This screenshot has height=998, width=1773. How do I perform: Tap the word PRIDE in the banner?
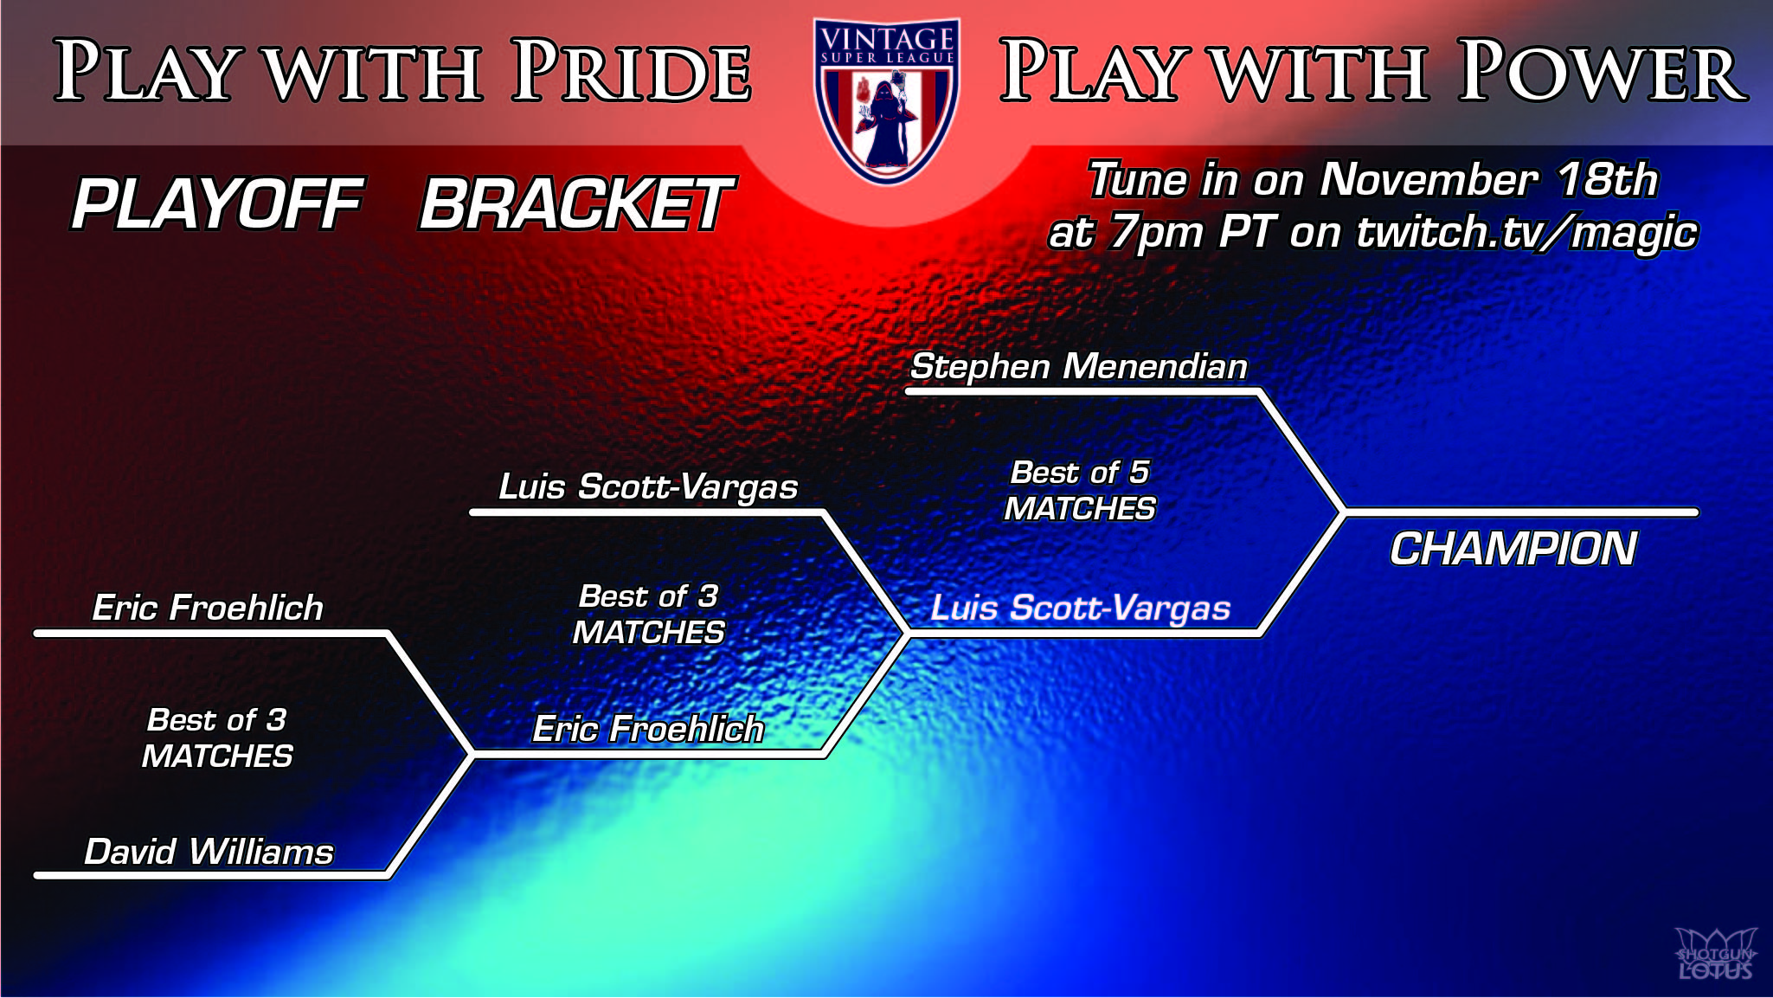632,71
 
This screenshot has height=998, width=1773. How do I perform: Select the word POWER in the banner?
1603,71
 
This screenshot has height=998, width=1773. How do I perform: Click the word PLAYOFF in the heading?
217,204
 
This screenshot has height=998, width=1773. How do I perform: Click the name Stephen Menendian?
1079,366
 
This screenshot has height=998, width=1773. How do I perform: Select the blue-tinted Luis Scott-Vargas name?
1080,608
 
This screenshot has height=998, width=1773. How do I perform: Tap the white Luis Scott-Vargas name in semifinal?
648,486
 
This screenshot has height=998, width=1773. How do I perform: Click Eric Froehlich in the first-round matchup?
208,608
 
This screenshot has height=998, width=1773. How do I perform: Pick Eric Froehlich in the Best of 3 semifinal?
648,729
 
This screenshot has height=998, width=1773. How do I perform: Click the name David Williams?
209,852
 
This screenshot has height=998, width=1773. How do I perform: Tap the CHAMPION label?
1513,549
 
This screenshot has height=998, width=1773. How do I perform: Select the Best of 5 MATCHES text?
1080,491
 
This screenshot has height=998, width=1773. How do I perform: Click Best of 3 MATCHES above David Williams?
217,738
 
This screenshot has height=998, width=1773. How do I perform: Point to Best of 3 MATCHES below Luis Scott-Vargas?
648,615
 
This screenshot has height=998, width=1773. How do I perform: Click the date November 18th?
1488,180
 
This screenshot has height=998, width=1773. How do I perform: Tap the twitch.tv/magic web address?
1527,232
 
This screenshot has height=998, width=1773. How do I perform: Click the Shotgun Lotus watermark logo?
1715,954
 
